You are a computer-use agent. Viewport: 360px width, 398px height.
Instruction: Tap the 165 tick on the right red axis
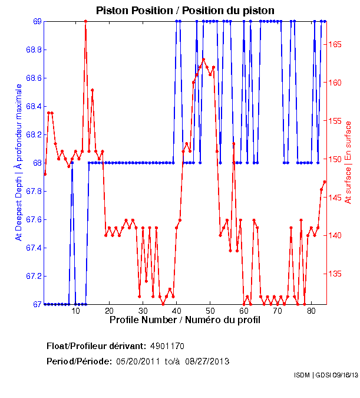(336, 44)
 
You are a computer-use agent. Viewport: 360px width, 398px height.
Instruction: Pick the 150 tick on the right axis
(336, 159)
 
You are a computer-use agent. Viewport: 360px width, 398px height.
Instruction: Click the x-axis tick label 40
(177, 311)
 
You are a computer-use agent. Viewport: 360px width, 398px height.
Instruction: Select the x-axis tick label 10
(75, 311)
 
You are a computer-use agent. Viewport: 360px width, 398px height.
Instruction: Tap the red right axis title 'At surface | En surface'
(348, 162)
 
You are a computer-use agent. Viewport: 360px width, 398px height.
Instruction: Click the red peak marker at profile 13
(85, 21)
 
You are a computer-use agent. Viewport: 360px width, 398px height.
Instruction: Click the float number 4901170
(168, 346)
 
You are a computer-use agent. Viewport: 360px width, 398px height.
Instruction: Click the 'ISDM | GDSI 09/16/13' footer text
(325, 375)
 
